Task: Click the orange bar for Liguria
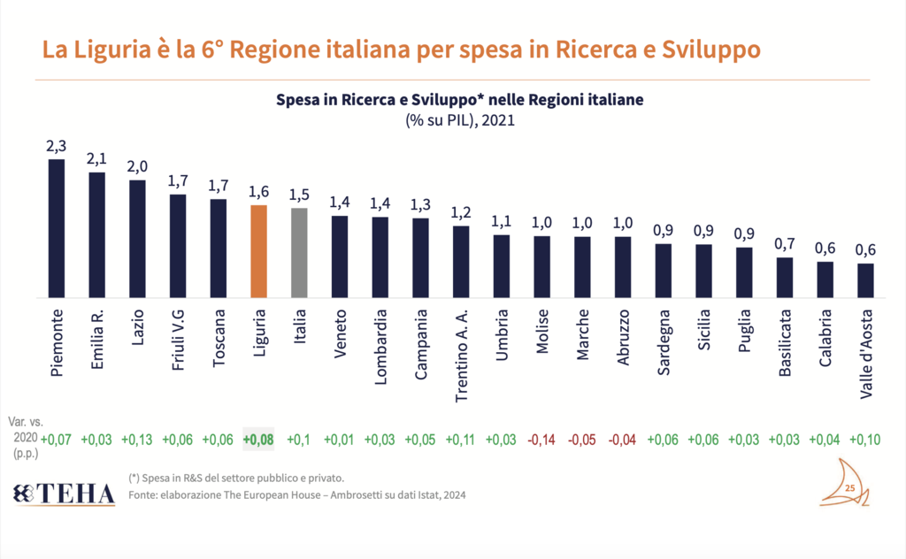click(x=259, y=251)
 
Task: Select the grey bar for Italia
click(x=300, y=253)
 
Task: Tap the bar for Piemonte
click(x=57, y=228)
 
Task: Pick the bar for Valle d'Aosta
click(x=865, y=280)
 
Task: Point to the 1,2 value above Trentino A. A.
click(x=461, y=214)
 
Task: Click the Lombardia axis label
click(x=380, y=343)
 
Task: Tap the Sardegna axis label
click(x=664, y=342)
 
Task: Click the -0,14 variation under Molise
click(x=542, y=440)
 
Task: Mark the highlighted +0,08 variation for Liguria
click(x=258, y=440)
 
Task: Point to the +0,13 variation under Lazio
click(x=137, y=440)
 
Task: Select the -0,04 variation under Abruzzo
click(x=623, y=440)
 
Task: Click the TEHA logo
click(x=65, y=494)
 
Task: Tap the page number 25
click(x=849, y=488)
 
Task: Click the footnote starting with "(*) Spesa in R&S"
click(x=236, y=478)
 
